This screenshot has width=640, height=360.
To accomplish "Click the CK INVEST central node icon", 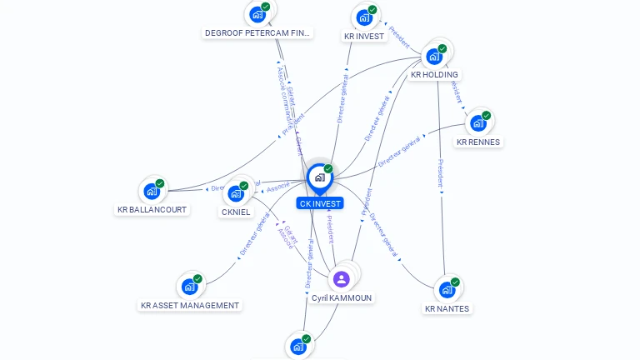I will coord(319,177).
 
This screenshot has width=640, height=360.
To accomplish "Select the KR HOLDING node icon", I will coord(433,56).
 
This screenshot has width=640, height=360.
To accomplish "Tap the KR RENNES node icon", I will coord(477,123).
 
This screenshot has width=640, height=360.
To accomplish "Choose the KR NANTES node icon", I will coord(447,290).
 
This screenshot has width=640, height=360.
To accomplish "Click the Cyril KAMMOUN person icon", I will coord(341,279).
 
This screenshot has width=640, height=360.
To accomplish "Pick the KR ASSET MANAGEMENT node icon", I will coord(189,287).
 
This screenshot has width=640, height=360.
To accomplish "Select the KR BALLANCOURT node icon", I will coord(152,191).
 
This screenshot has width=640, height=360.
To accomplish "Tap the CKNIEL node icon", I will coord(236,193).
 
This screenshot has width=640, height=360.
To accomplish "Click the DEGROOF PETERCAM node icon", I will coord(257,14).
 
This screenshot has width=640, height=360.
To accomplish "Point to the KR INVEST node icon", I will coord(363,17).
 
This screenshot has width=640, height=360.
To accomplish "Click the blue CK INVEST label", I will coord(320,203).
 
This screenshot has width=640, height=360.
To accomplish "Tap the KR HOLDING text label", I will coord(434,75).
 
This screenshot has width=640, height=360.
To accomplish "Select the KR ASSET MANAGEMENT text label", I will coord(190,306).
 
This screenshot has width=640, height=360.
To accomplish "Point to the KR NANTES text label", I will coord(447,309).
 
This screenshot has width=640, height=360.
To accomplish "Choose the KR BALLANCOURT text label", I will coord(152,210).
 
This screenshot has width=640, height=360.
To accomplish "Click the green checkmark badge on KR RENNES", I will coord(487,115).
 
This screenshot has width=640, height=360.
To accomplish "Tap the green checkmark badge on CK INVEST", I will coord(328,168).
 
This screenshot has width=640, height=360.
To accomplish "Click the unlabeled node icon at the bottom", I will coord(297,347).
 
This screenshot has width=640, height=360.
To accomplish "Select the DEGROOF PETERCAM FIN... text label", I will coord(257,33).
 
